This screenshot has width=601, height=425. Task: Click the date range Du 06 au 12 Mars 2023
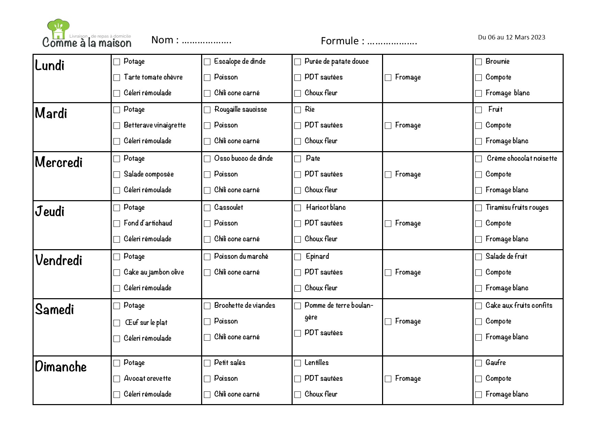point(511,37)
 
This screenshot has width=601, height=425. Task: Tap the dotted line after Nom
point(207,41)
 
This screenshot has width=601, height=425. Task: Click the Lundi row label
point(50,65)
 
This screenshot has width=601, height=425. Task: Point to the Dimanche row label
point(61,367)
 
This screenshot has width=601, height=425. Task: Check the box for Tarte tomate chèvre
point(117,78)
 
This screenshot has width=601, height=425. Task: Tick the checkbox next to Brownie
point(479,62)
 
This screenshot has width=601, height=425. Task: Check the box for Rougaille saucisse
point(207,110)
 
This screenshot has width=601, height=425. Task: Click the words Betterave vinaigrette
point(155,125)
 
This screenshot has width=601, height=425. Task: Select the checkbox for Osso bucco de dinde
point(207,159)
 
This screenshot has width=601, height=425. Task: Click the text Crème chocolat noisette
point(522,158)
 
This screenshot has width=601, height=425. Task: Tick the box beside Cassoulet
point(207,208)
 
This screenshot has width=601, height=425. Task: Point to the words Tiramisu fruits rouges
point(517,207)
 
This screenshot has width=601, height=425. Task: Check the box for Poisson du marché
point(207,257)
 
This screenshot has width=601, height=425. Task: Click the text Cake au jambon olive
point(154,272)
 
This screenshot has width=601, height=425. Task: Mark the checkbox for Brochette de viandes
point(207,306)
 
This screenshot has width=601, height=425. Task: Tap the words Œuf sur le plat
point(146,323)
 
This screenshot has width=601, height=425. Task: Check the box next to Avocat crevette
point(117,379)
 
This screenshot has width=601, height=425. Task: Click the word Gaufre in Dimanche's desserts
point(495,363)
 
